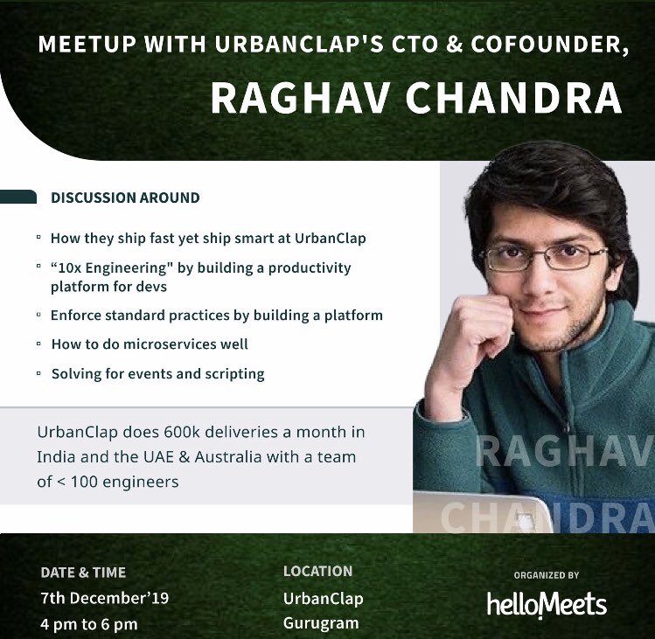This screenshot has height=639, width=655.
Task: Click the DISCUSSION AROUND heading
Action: click(125, 198)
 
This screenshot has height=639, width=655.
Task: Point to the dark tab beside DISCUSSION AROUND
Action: click(17, 197)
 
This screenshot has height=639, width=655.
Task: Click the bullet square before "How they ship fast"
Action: click(38, 237)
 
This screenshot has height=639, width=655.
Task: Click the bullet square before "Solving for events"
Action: click(38, 373)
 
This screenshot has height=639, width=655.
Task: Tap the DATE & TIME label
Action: click(83, 573)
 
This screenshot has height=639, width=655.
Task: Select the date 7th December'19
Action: click(104, 599)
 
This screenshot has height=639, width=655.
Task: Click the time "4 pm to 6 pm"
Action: click(88, 624)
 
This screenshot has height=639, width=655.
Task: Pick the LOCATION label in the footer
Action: click(317, 571)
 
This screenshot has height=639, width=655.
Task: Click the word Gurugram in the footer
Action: click(321, 624)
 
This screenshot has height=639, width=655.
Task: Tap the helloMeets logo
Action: click(547, 603)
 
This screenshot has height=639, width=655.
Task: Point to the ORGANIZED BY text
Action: click(547, 575)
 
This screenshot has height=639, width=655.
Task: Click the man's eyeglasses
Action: click(543, 257)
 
